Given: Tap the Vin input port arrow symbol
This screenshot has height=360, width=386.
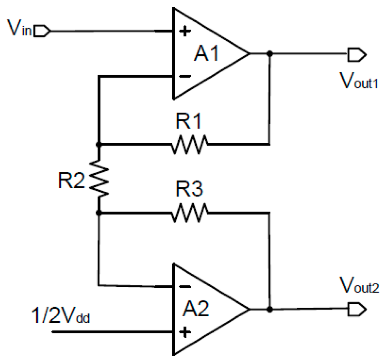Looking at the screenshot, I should pos(42,31).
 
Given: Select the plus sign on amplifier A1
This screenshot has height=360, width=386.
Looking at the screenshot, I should pos(184,31).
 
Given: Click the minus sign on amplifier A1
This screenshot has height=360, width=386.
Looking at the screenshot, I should pos(184,76).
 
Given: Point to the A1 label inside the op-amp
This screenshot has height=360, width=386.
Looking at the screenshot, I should pos(206,54).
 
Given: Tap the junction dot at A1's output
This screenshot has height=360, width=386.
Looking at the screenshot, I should pos(269,54).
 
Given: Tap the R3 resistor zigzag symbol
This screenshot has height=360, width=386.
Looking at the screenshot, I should pos(189,213).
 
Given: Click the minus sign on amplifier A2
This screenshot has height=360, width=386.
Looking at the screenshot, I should pos(184,286).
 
